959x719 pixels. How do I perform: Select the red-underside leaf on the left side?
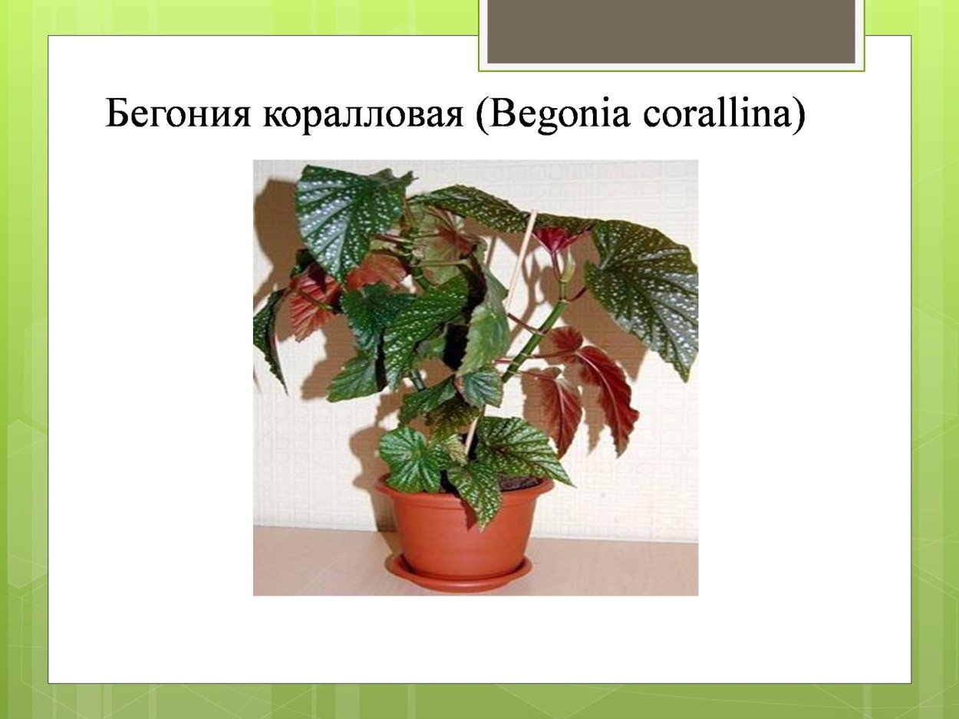311,303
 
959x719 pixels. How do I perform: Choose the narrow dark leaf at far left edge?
269,337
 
